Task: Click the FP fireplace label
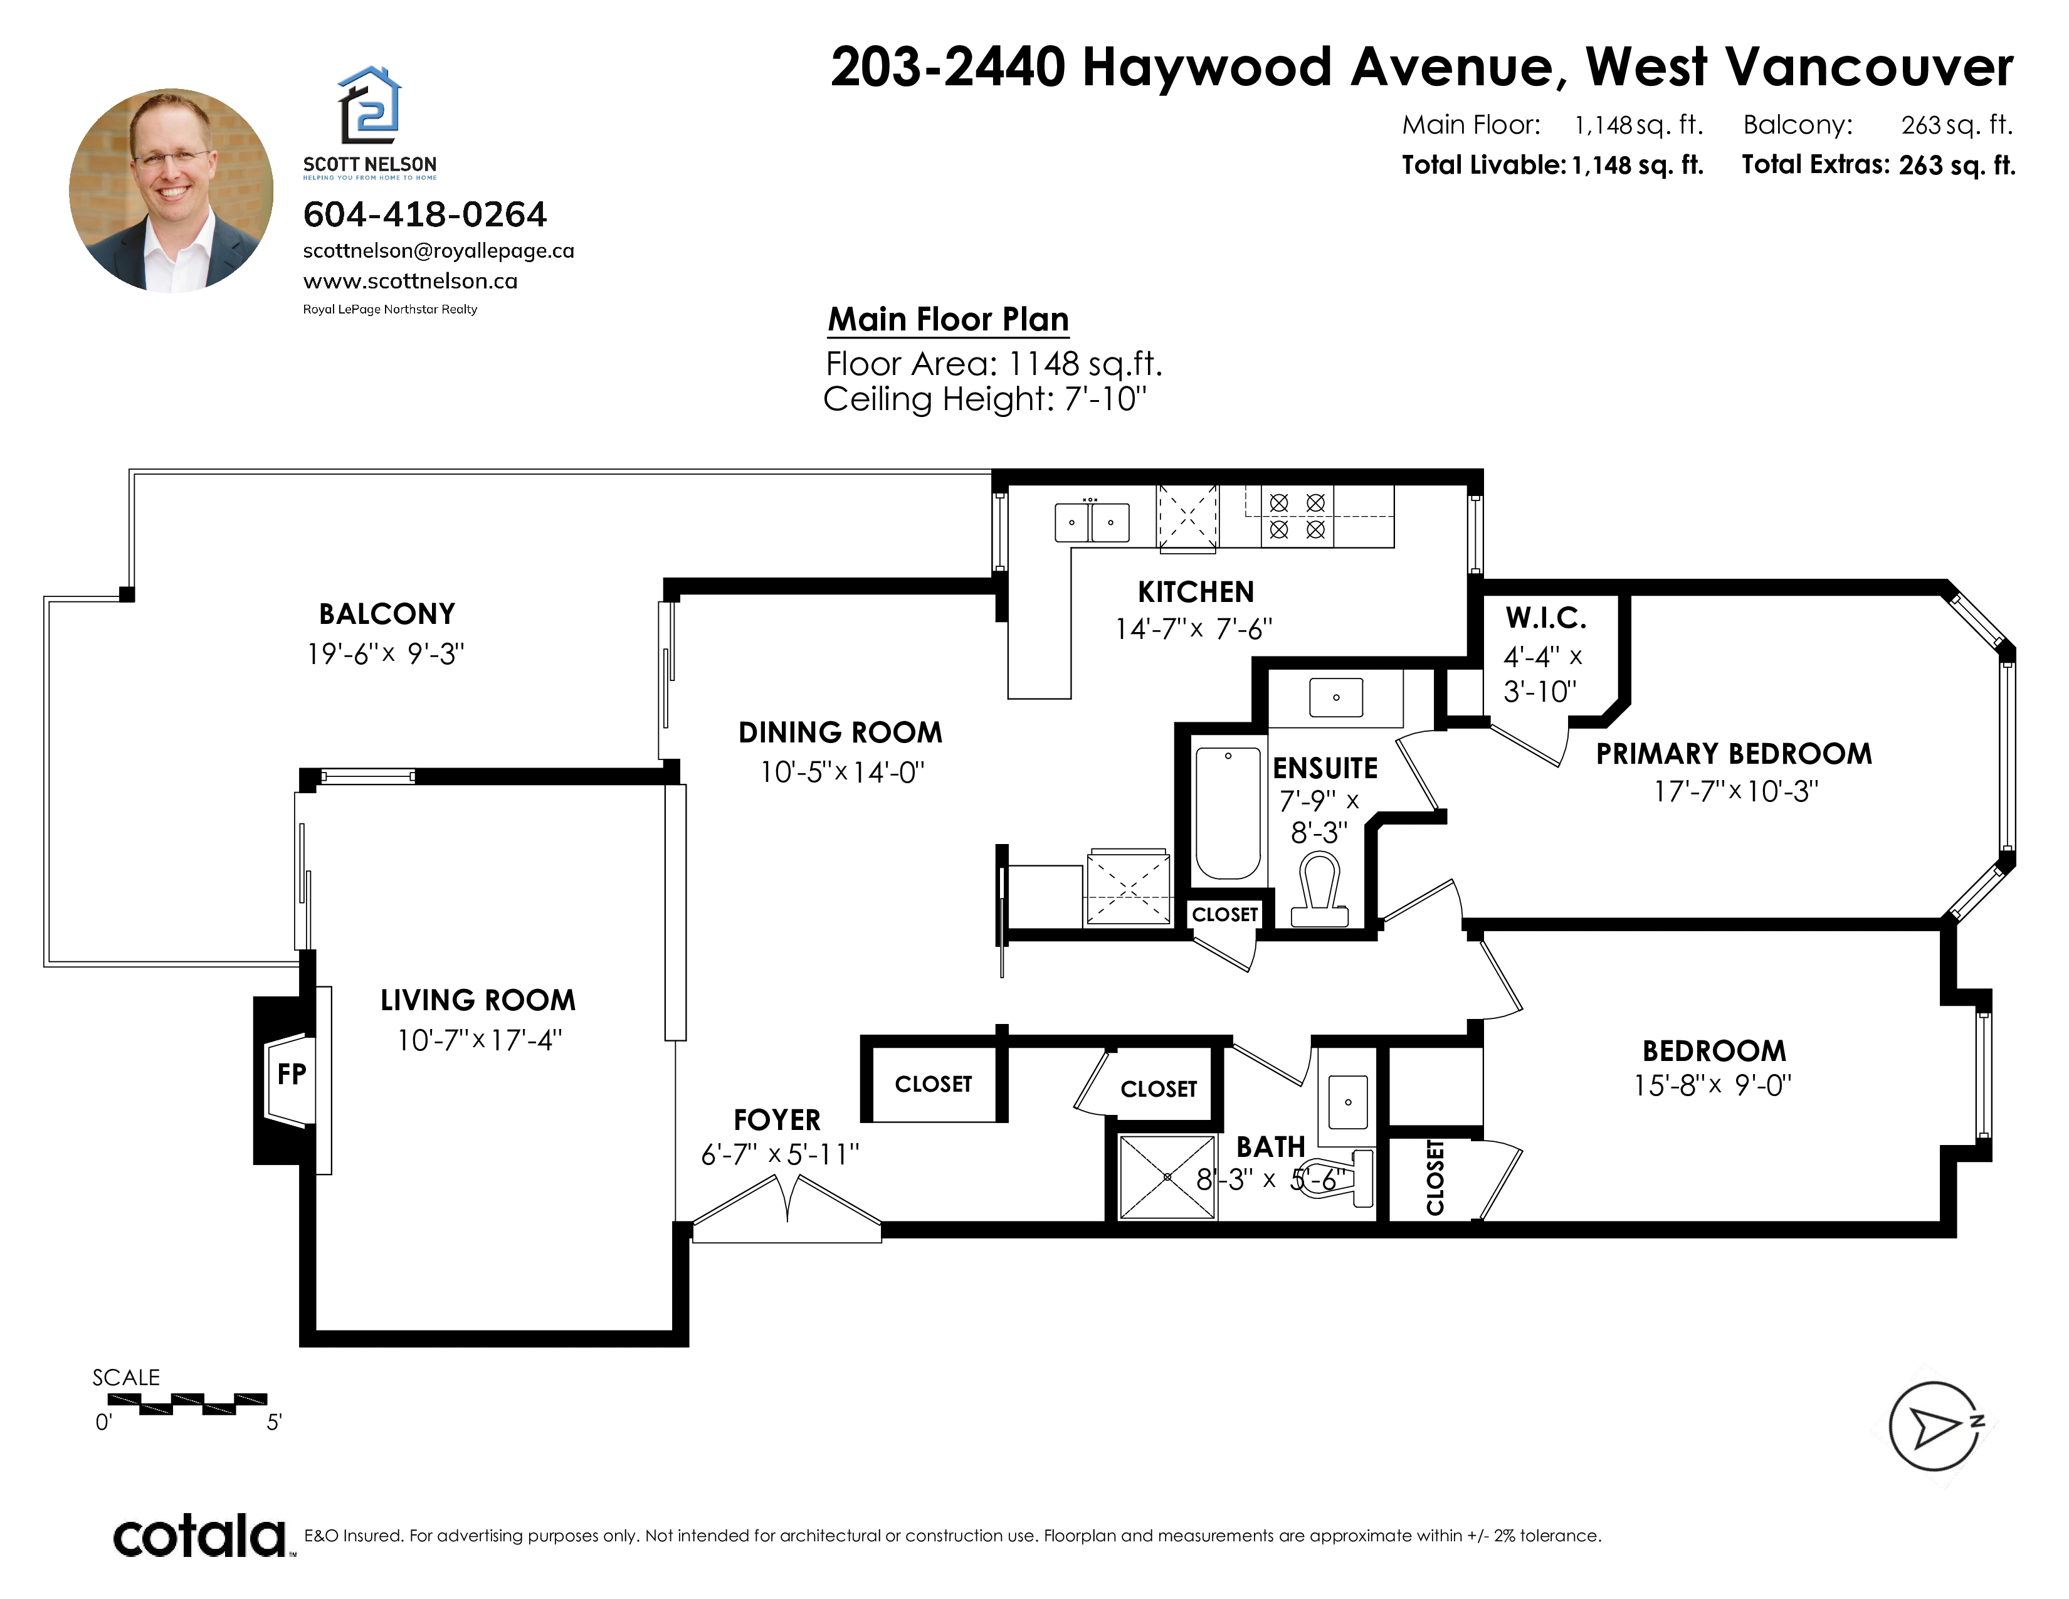[x=291, y=1074]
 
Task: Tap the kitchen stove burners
[x=1297, y=516]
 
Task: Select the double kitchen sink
[x=1092, y=522]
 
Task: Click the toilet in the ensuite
[x=1320, y=890]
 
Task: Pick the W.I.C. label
[x=1545, y=618]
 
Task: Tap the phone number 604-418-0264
[x=424, y=215]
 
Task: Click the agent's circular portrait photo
[x=171, y=191]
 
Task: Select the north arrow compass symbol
[x=1935, y=1427]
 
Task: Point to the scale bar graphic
[x=187, y=1404]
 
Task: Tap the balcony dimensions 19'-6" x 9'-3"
[x=386, y=653]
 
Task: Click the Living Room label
[x=478, y=1000]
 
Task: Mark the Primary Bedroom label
[x=1734, y=754]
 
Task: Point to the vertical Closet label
[x=1435, y=1178]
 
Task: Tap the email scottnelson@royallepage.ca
[x=439, y=251]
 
